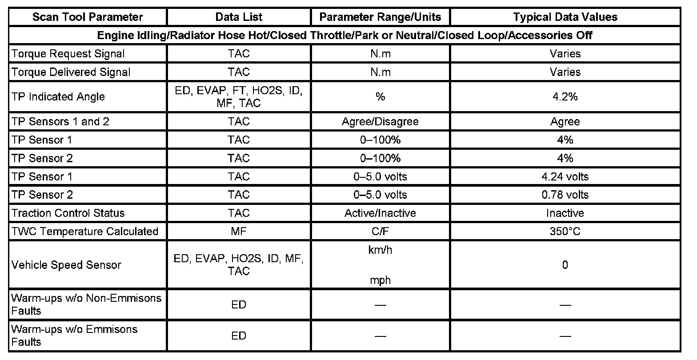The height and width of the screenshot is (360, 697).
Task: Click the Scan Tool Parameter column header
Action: (x=88, y=17)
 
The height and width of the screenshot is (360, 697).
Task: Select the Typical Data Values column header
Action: (x=565, y=17)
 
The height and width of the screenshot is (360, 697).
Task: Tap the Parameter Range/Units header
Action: (x=380, y=17)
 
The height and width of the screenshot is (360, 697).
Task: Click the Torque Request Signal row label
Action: (x=68, y=54)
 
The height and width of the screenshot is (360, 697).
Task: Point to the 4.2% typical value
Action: (x=565, y=96)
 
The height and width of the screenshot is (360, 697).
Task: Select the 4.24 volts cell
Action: (x=565, y=176)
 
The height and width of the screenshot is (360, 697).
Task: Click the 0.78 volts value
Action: (x=565, y=195)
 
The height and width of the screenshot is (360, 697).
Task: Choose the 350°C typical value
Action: (x=565, y=231)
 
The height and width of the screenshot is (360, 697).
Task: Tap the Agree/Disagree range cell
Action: (x=380, y=122)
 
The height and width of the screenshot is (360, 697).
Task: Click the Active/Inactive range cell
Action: (x=380, y=213)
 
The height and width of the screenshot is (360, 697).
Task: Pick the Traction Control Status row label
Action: (x=68, y=213)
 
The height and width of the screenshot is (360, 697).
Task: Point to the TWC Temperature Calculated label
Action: (x=84, y=231)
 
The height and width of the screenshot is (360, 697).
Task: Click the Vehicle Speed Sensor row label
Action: (x=66, y=265)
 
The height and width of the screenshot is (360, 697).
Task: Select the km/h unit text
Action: (x=380, y=250)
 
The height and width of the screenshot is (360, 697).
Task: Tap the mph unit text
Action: (x=380, y=280)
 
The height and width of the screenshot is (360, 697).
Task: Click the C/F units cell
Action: (x=380, y=231)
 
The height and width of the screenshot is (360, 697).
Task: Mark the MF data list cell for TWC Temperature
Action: (x=239, y=231)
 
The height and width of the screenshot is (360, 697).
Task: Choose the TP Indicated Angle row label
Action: (x=58, y=96)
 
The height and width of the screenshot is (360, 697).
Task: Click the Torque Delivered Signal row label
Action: (x=71, y=72)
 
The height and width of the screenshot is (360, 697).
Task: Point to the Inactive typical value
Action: (x=565, y=213)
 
